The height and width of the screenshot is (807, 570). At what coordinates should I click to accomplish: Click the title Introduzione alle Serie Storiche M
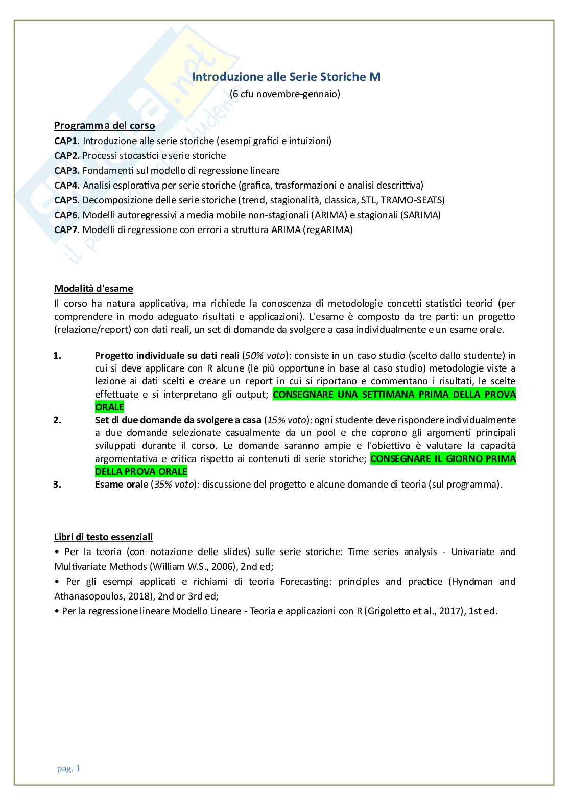(x=286, y=77)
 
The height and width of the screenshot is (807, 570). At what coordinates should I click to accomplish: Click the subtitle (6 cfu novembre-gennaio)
(x=285, y=94)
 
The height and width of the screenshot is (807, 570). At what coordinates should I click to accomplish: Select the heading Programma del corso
(x=104, y=125)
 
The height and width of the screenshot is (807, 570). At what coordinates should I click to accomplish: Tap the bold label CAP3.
(x=66, y=170)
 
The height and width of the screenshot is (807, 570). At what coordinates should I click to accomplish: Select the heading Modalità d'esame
(x=93, y=288)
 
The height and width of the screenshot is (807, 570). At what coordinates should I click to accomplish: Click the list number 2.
(x=57, y=420)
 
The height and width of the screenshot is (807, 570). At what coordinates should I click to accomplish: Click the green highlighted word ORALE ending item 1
(x=109, y=407)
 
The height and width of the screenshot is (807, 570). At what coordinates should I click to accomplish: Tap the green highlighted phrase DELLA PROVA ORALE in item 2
(x=141, y=471)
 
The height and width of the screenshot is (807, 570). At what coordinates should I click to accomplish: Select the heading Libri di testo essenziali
(x=103, y=537)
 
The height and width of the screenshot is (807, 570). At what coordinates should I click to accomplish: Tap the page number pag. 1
(x=68, y=768)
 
